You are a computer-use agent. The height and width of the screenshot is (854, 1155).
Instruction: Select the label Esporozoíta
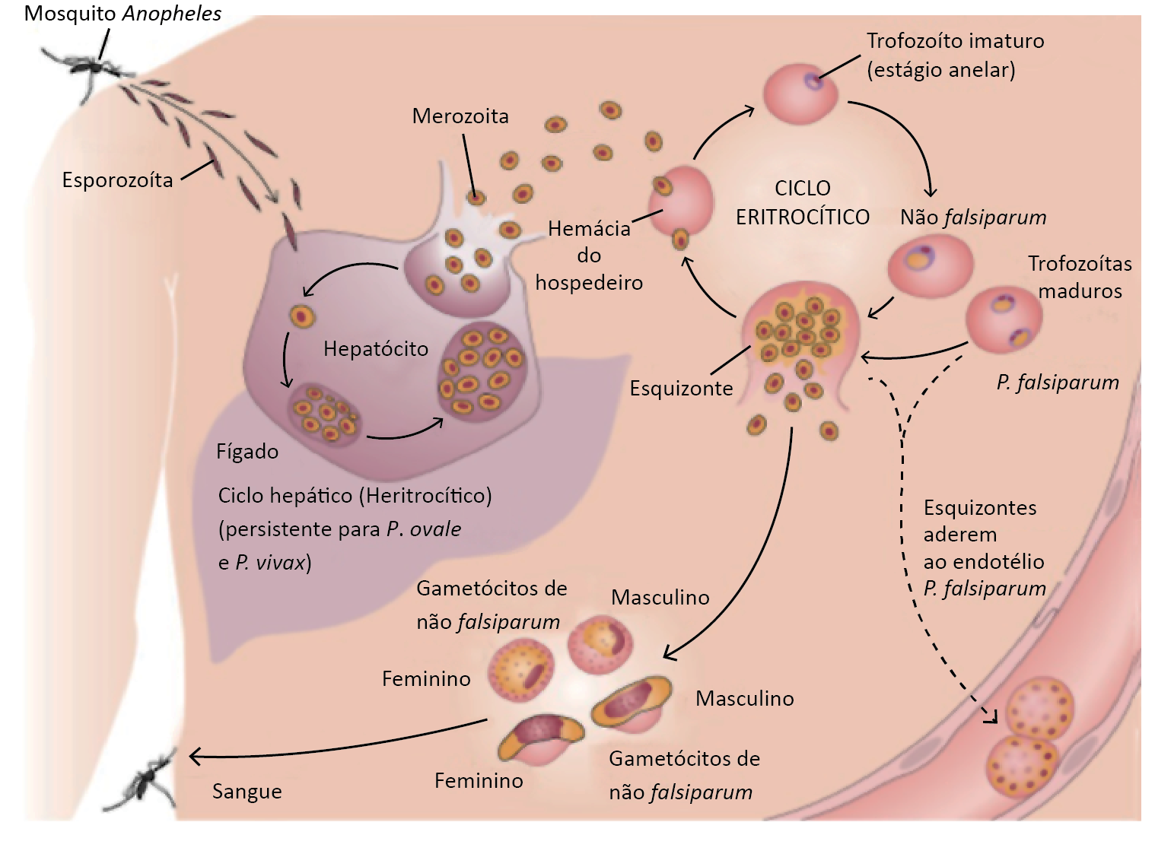pos(117,180)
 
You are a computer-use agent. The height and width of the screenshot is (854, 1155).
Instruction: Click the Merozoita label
pos(460,116)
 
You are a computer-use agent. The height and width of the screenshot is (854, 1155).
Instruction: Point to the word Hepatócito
pos(376,349)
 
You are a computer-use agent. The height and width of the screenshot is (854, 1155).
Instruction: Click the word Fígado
pos(247,452)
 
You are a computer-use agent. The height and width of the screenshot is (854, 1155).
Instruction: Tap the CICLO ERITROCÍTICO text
pos(802,202)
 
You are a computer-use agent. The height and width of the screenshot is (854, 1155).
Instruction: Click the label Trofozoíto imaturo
pos(955,41)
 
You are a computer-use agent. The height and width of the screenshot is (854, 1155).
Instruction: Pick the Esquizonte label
pos(681,389)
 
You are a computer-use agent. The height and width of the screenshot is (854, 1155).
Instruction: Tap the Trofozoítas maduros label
pos(1080,277)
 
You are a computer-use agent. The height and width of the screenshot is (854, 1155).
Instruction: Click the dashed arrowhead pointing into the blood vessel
pos(990,716)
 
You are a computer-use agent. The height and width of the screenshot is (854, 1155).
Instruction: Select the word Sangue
pos(247,792)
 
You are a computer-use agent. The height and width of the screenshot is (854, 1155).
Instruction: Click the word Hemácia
pos(589,229)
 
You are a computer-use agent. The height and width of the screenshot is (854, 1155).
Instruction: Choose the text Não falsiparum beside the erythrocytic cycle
pos(973,217)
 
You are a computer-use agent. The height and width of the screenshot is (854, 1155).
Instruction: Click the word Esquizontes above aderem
pos(980,508)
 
